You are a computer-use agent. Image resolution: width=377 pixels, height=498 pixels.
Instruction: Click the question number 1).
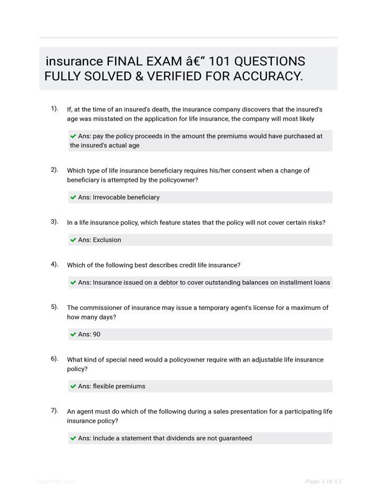click(x=55, y=108)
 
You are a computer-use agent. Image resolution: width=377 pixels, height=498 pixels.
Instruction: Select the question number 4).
click(x=55, y=264)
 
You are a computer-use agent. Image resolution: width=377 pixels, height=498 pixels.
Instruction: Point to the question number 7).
click(x=55, y=410)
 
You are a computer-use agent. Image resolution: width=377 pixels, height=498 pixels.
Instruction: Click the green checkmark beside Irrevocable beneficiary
click(x=73, y=197)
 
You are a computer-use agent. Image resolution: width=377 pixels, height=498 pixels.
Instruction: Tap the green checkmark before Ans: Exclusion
click(x=73, y=240)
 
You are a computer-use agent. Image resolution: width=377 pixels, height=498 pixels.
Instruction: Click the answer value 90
click(x=96, y=334)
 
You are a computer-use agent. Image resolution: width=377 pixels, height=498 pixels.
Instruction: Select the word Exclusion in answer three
click(x=107, y=240)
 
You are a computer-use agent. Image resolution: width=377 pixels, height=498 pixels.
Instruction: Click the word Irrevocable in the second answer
click(x=109, y=197)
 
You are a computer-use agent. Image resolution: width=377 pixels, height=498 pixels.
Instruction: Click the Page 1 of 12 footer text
click(x=323, y=481)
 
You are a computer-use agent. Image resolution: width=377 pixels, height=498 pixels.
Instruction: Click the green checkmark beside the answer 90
click(x=73, y=334)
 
